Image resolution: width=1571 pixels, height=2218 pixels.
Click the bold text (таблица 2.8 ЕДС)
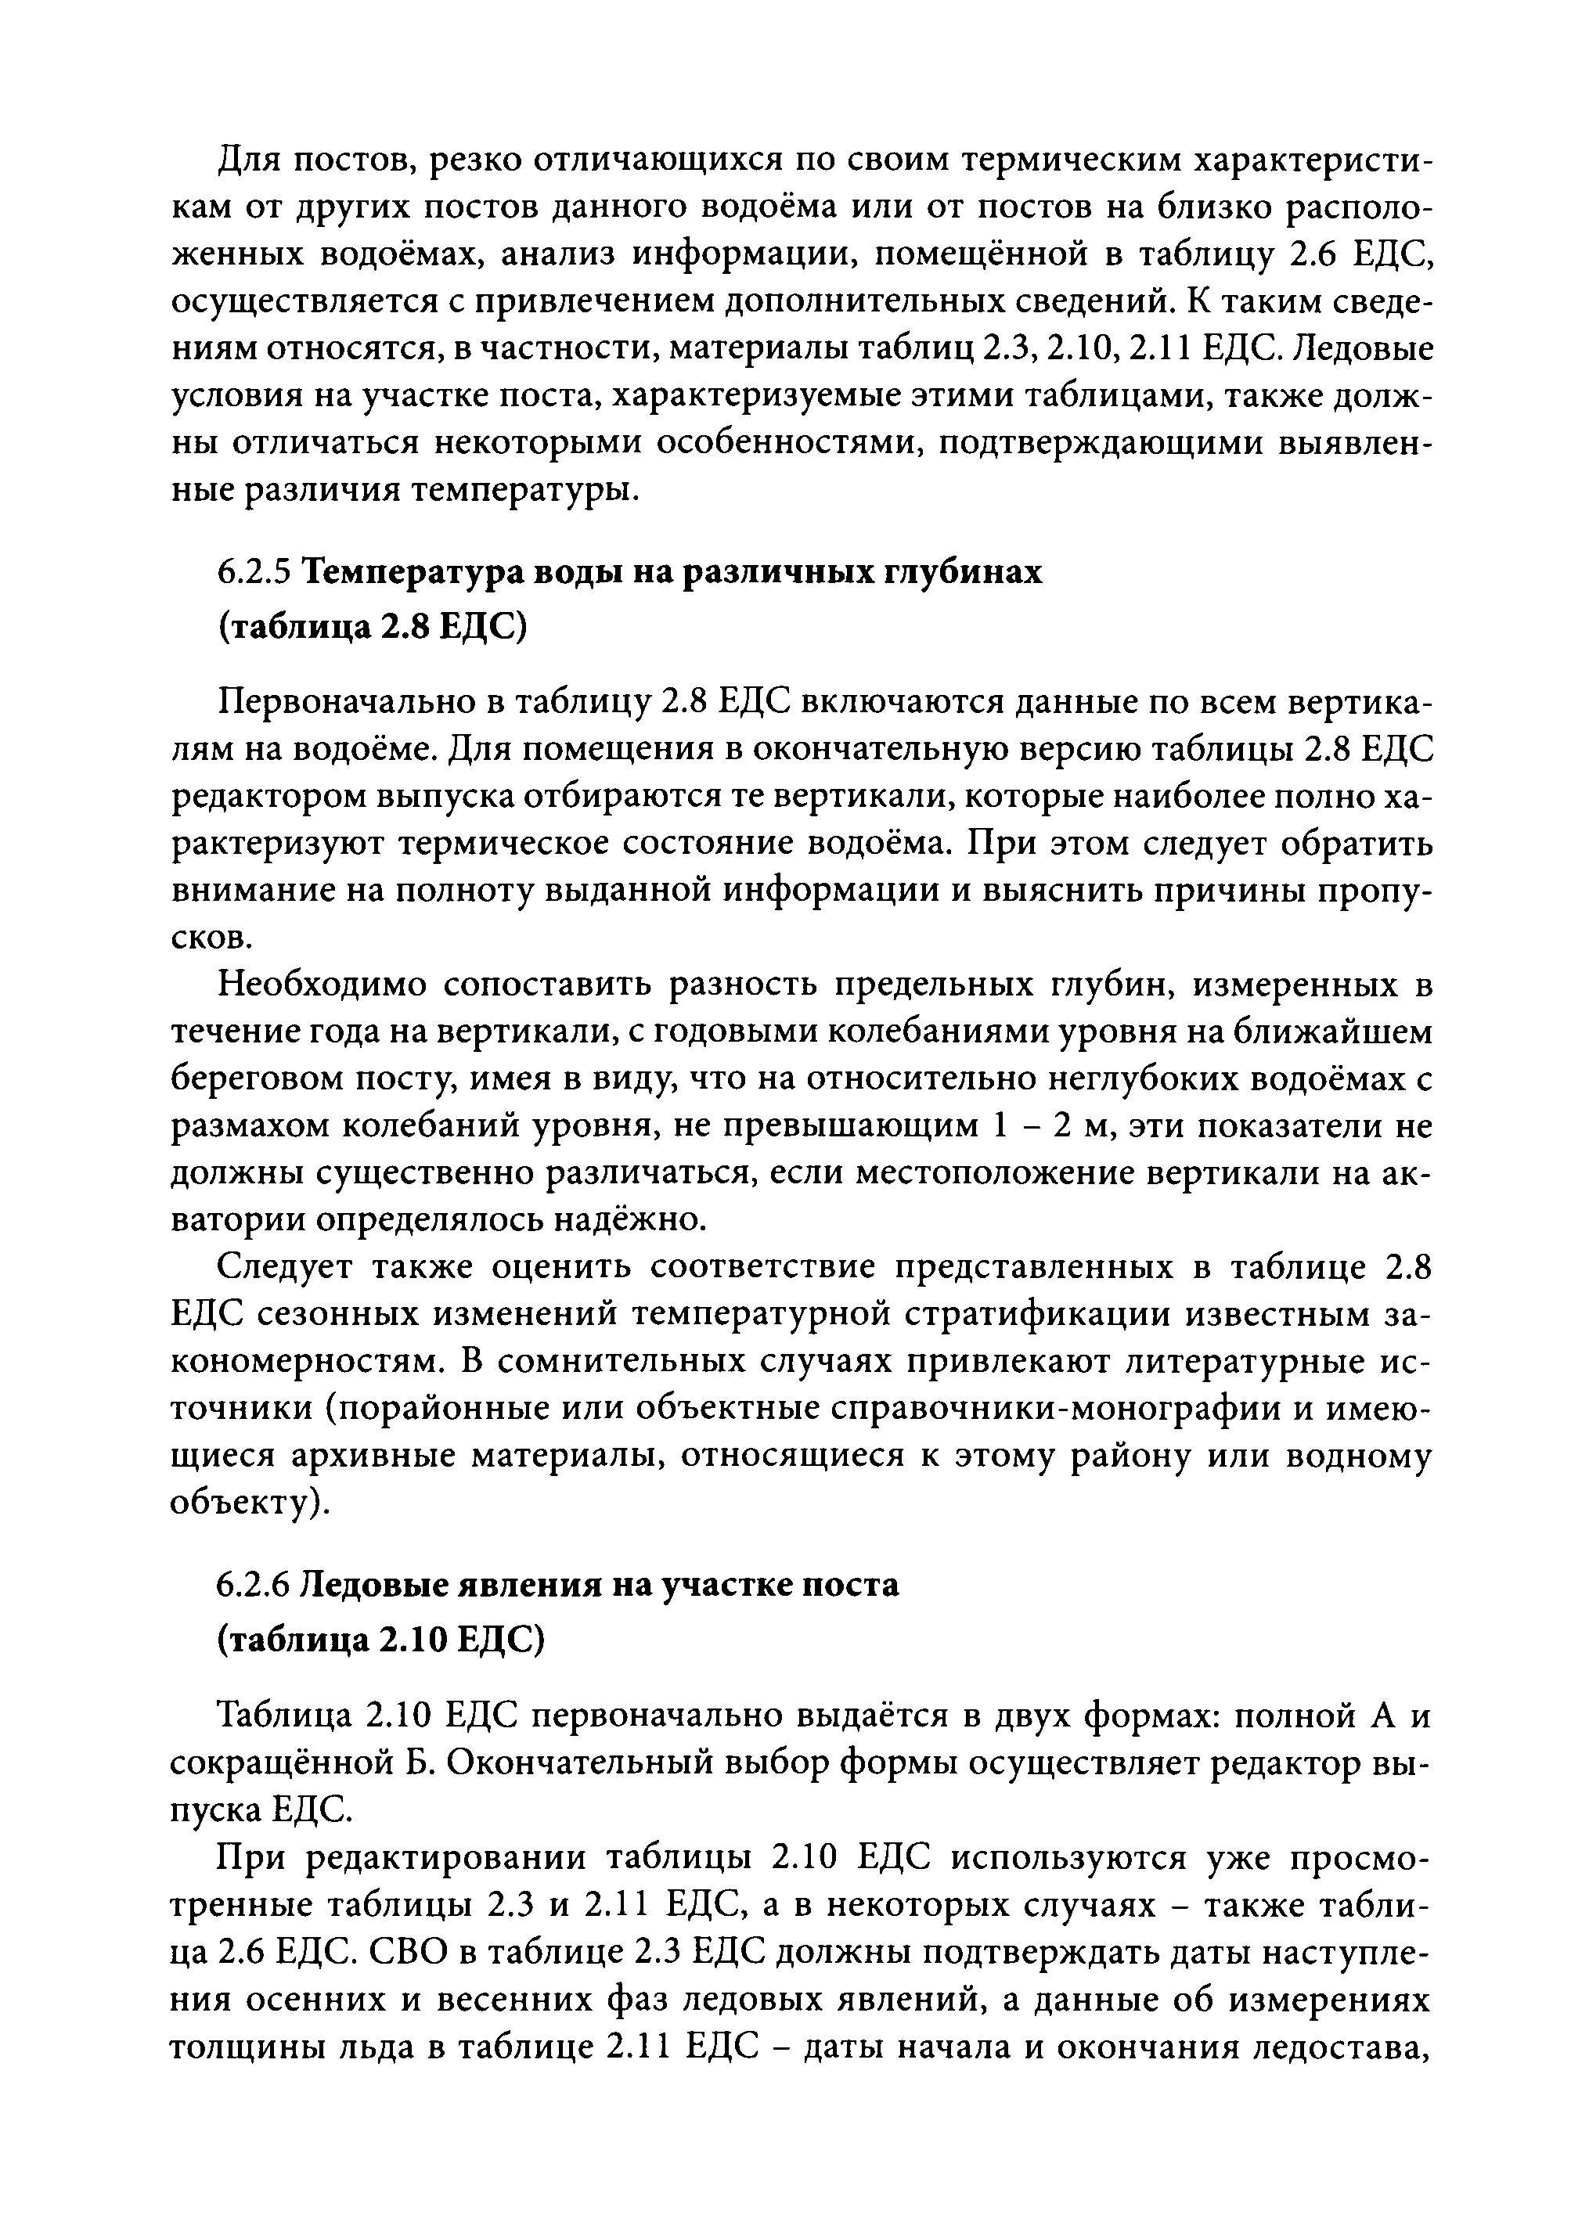[x=373, y=628]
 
